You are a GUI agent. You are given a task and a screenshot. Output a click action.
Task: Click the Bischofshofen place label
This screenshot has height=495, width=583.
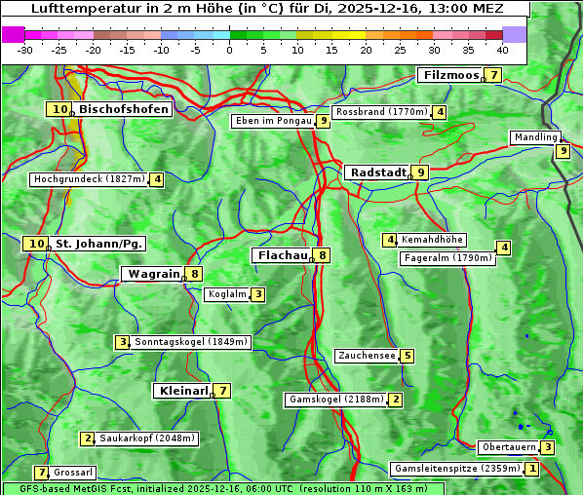pyautogui.click(x=124, y=110)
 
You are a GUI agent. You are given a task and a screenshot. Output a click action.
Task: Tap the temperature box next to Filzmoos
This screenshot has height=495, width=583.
pyautogui.click(x=494, y=76)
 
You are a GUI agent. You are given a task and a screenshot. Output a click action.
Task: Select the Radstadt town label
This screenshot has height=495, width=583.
pyautogui.click(x=378, y=172)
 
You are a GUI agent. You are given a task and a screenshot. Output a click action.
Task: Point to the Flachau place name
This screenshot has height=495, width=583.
pyautogui.click(x=282, y=255)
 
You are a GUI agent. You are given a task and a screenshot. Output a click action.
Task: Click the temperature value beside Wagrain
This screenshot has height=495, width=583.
pyautogui.click(x=195, y=275)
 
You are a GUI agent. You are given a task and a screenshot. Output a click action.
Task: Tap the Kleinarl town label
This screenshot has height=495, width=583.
pyautogui.click(x=182, y=391)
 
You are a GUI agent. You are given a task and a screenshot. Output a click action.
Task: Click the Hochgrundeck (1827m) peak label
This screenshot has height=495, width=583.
pyautogui.click(x=89, y=179)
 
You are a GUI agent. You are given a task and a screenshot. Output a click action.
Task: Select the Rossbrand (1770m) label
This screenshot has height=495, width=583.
pyautogui.click(x=381, y=112)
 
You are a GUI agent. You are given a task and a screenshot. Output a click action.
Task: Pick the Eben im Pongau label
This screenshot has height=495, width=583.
pyautogui.click(x=272, y=122)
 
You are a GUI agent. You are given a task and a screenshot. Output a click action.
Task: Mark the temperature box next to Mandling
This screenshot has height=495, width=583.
pyautogui.click(x=563, y=151)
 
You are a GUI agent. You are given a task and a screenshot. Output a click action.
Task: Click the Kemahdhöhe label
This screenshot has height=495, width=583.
pyautogui.click(x=433, y=240)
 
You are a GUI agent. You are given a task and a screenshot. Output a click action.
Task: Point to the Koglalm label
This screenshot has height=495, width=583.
pyautogui.click(x=226, y=294)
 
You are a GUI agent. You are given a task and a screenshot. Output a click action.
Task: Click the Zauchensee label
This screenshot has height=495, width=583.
pyautogui.click(x=367, y=356)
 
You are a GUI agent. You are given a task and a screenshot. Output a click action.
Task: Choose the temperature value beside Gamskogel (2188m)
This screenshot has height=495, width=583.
pyautogui.click(x=396, y=400)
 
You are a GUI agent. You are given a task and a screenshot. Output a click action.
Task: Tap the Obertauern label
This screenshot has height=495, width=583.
pyautogui.click(x=509, y=448)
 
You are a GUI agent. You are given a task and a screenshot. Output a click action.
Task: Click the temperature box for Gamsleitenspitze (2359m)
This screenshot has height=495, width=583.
pyautogui.click(x=532, y=469)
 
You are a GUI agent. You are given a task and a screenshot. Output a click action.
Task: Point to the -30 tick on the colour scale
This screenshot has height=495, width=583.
pyautogui.click(x=25, y=49)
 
